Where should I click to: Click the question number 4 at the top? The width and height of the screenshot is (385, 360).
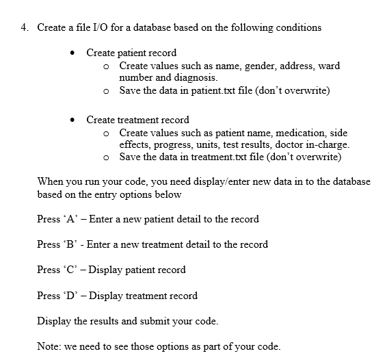click(x=24, y=27)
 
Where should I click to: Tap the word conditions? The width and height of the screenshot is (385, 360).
click(x=298, y=27)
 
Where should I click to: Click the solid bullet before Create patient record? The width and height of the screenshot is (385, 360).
click(x=72, y=53)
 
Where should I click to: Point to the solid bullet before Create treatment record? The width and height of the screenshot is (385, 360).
click(x=72, y=120)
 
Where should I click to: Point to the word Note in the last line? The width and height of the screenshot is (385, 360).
click(x=49, y=346)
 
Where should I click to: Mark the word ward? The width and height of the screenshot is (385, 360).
click(x=329, y=66)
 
